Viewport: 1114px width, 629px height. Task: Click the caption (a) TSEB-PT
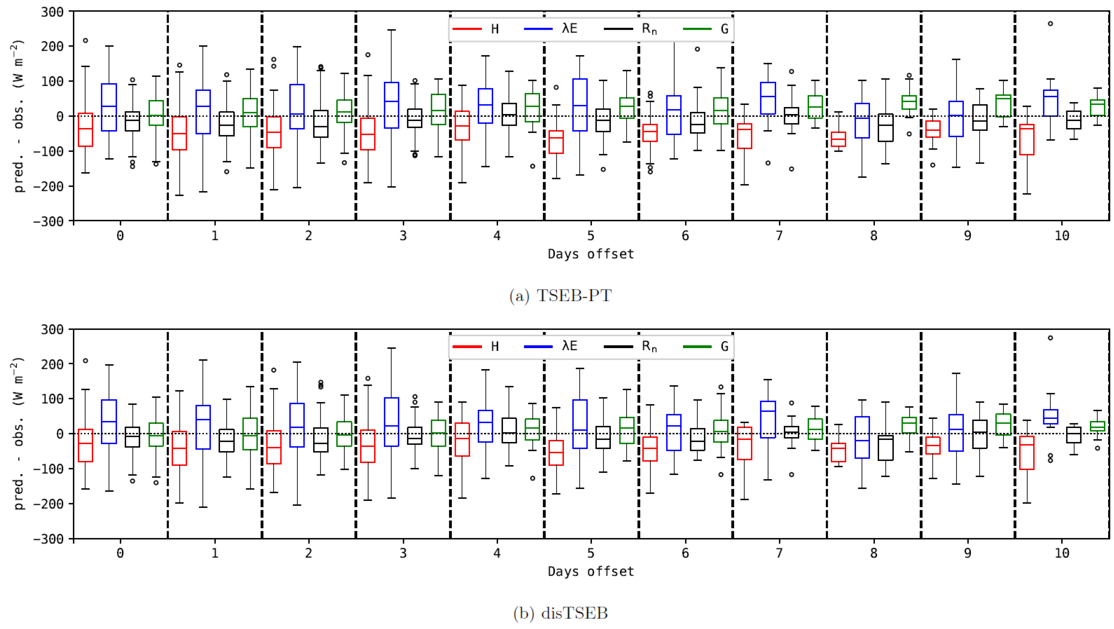pos(560,296)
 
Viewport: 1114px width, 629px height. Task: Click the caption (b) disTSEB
pos(560,613)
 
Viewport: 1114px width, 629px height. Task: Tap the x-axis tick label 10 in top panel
pos(1062,236)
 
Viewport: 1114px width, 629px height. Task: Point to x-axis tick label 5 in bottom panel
pos(591,553)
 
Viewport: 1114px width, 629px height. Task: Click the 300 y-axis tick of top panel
pos(52,12)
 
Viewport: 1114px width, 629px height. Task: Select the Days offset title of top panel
pos(591,254)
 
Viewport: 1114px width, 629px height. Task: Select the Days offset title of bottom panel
pos(591,572)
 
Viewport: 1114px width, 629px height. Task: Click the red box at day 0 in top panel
pos(85,130)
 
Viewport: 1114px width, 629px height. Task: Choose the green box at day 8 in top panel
pos(909,102)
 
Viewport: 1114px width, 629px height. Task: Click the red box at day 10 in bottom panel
pos(1027,453)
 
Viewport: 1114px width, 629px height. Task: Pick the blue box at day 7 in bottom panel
pos(768,420)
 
